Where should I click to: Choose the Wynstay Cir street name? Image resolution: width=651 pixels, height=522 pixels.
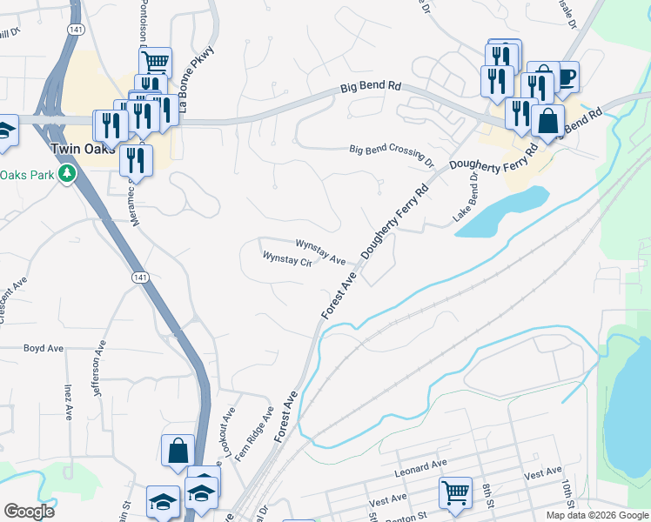(287, 258)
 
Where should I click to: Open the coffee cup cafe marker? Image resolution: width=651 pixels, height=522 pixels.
(566, 77)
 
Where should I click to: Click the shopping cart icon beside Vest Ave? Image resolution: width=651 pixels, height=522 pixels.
(456, 492)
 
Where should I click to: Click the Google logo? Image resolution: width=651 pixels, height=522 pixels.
(30, 512)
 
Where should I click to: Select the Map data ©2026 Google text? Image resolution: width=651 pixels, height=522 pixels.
(597, 515)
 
